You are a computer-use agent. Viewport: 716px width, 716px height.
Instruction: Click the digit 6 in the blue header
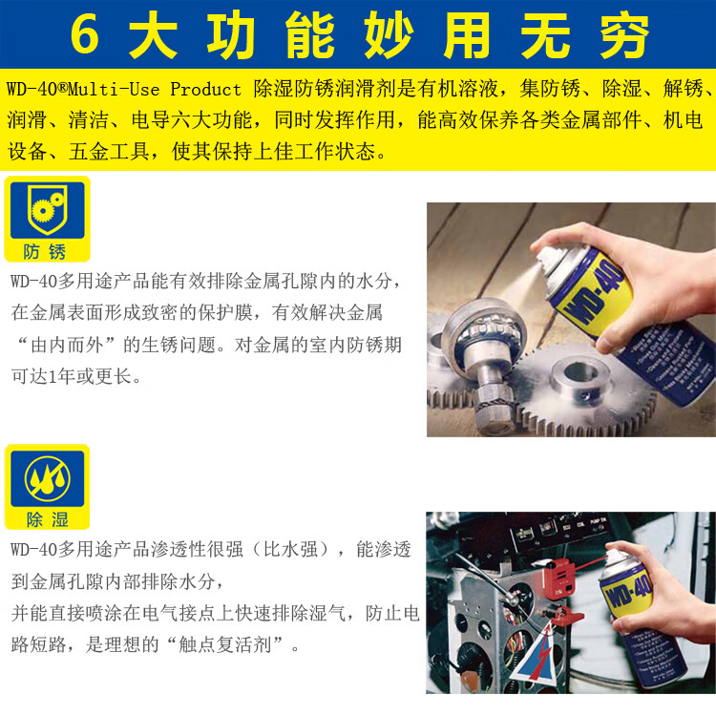[x=84, y=33]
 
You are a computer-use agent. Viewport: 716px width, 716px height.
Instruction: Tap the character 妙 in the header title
[x=390, y=35]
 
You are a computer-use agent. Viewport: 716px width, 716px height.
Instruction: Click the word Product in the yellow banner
[x=205, y=89]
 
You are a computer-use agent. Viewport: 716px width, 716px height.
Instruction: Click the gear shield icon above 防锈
[x=47, y=210]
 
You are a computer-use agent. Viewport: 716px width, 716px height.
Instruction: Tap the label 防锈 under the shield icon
[x=45, y=252]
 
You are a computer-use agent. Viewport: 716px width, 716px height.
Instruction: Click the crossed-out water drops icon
[x=47, y=478]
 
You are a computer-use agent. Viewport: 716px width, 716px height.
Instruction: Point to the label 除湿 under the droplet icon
[x=47, y=519]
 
